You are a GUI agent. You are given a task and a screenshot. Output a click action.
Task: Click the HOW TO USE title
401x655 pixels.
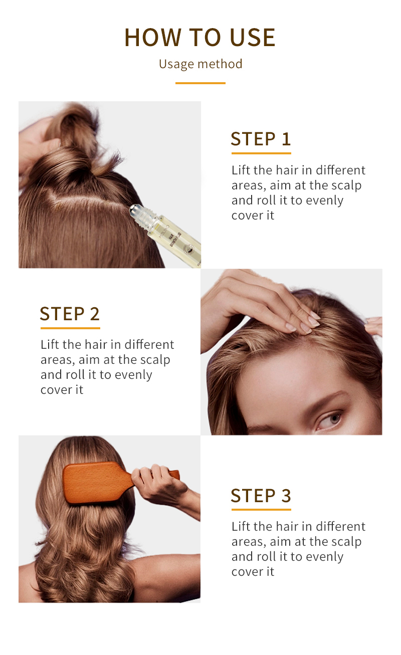pos(200,38)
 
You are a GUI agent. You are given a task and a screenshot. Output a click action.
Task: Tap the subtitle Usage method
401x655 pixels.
pos(200,64)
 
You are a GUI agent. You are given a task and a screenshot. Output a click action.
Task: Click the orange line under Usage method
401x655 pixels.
pos(200,83)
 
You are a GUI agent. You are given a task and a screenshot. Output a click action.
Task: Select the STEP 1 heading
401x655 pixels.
pos(261,139)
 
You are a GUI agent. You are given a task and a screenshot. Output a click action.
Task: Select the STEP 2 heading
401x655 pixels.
pos(70,314)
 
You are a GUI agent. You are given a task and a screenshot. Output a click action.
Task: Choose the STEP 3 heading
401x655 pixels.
pos(261,495)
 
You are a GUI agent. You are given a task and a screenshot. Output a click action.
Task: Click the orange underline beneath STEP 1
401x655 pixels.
pos(261,153)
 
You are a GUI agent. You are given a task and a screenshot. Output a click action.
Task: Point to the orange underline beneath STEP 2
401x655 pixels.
pos(70,328)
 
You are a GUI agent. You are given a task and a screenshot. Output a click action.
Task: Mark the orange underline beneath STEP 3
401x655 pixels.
pos(261,510)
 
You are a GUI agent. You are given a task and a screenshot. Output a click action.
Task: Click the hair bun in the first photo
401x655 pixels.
pos(75,130)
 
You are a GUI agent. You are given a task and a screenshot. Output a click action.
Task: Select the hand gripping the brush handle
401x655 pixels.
pos(155,481)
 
